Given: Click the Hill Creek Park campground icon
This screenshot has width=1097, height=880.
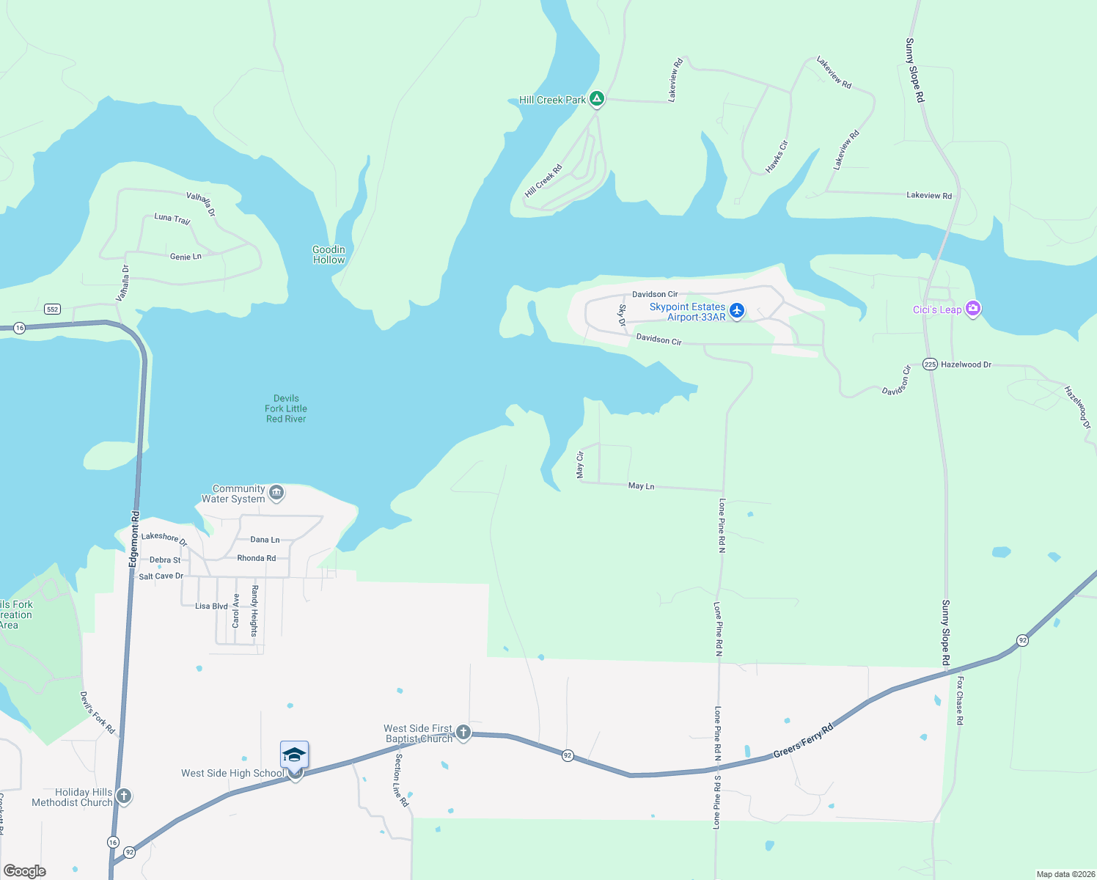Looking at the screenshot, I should click(x=597, y=99).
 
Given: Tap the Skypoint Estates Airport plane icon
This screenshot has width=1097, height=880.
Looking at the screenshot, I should click(x=737, y=311).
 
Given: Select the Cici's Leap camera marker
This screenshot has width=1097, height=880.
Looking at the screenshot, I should click(x=973, y=309).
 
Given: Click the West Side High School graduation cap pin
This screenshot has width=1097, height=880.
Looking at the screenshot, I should click(x=294, y=755).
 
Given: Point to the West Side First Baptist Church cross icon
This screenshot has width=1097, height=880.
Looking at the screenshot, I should click(x=463, y=732).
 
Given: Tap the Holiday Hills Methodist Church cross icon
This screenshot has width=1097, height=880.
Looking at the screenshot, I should click(x=124, y=796).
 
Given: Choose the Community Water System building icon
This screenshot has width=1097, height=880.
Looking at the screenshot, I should click(x=276, y=492).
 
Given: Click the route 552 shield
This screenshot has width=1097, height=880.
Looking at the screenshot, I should click(x=52, y=309).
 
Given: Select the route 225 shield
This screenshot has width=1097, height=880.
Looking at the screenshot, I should click(x=930, y=364).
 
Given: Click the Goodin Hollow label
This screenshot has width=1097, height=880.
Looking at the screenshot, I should click(x=329, y=254).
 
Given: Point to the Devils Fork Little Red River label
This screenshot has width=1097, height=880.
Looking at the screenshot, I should click(x=286, y=408).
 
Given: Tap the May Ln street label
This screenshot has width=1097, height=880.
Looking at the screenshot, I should click(x=641, y=485).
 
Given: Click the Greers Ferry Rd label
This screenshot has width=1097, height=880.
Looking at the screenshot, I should click(x=803, y=741).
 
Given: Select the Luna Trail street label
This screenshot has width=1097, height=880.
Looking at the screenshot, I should click(x=172, y=219).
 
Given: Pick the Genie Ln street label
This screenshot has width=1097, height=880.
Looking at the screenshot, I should click(x=186, y=257).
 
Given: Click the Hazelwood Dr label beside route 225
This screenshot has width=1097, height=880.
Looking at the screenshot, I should click(x=966, y=364).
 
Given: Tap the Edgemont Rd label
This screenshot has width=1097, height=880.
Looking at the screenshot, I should click(x=134, y=539).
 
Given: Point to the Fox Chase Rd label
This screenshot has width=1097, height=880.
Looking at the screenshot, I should click(x=960, y=700).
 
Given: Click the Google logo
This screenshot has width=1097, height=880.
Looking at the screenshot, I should click(x=25, y=870).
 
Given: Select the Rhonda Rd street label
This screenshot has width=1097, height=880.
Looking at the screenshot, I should click(x=256, y=558).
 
